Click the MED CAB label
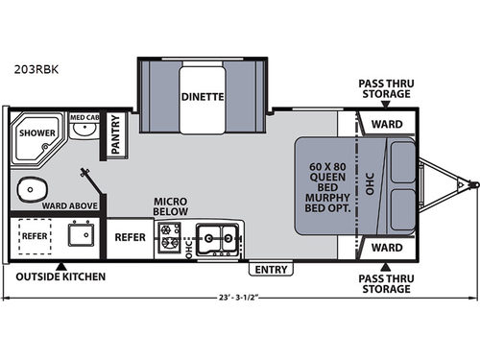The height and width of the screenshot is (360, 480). [84, 118]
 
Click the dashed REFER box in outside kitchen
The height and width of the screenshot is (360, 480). [34, 235]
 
